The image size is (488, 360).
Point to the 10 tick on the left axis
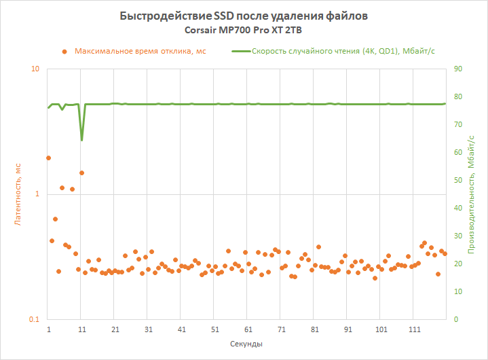click(36, 69)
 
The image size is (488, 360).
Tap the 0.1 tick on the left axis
click(35, 319)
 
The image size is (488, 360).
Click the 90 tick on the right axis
click(458, 69)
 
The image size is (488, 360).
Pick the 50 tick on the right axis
click(458, 181)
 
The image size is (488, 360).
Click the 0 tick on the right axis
click(456, 319)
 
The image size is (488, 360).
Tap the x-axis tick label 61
click(248, 329)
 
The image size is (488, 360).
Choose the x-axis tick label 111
click(415, 329)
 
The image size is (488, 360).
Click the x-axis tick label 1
click(49, 329)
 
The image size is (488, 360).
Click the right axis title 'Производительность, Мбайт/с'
click(472, 194)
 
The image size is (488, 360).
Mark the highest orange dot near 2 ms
click(48, 158)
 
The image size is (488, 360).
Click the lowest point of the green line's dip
click(81, 140)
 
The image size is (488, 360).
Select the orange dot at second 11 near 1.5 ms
click(81, 173)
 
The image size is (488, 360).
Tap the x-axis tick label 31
click(149, 329)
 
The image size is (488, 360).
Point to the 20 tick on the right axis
click(458, 264)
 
